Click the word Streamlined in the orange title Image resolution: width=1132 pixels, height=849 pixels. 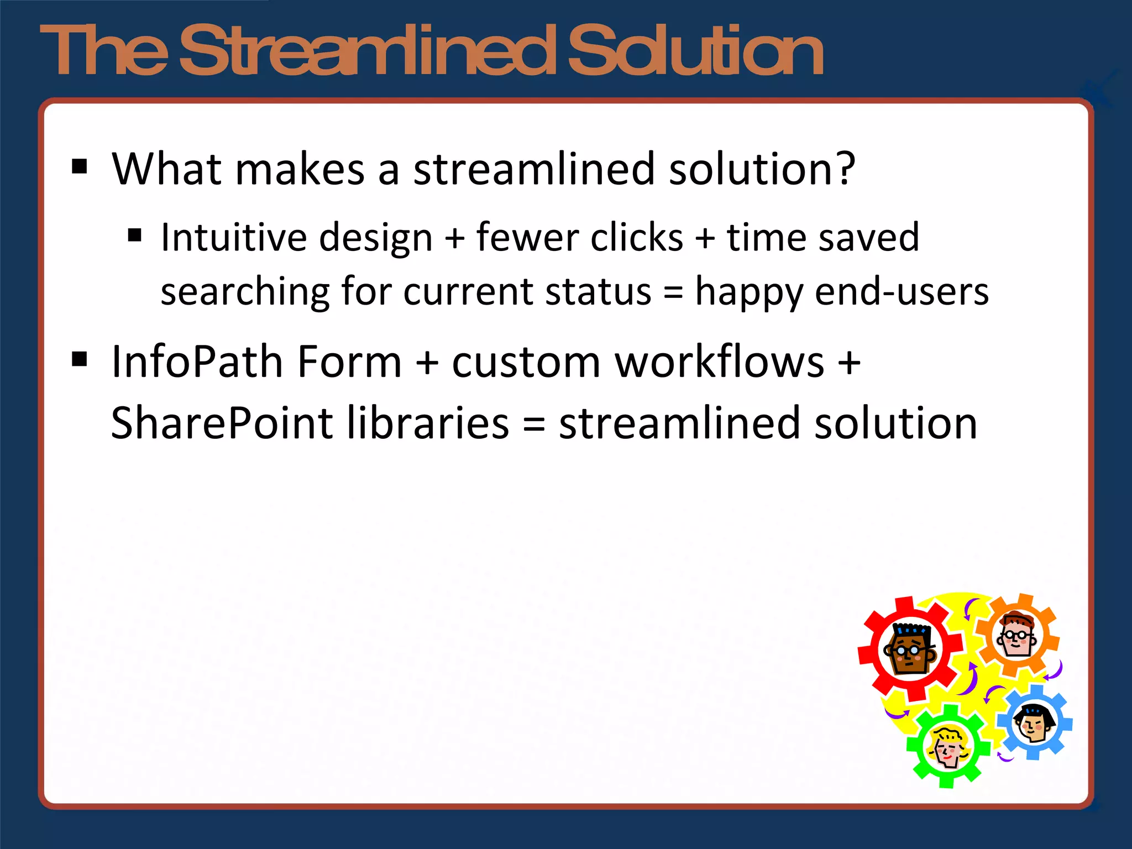pos(368,51)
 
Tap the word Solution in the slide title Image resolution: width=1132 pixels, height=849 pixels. pos(695,51)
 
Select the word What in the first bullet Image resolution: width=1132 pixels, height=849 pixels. pos(166,169)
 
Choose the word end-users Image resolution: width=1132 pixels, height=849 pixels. pos(902,292)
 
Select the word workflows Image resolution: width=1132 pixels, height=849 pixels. pos(719,362)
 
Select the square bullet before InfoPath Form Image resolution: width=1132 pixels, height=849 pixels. pos(80,359)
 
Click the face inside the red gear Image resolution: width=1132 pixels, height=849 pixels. pos(910,649)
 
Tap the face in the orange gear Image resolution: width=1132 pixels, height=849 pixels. pos(1016,635)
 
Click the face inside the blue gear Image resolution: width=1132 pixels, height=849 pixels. pos(1033,722)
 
